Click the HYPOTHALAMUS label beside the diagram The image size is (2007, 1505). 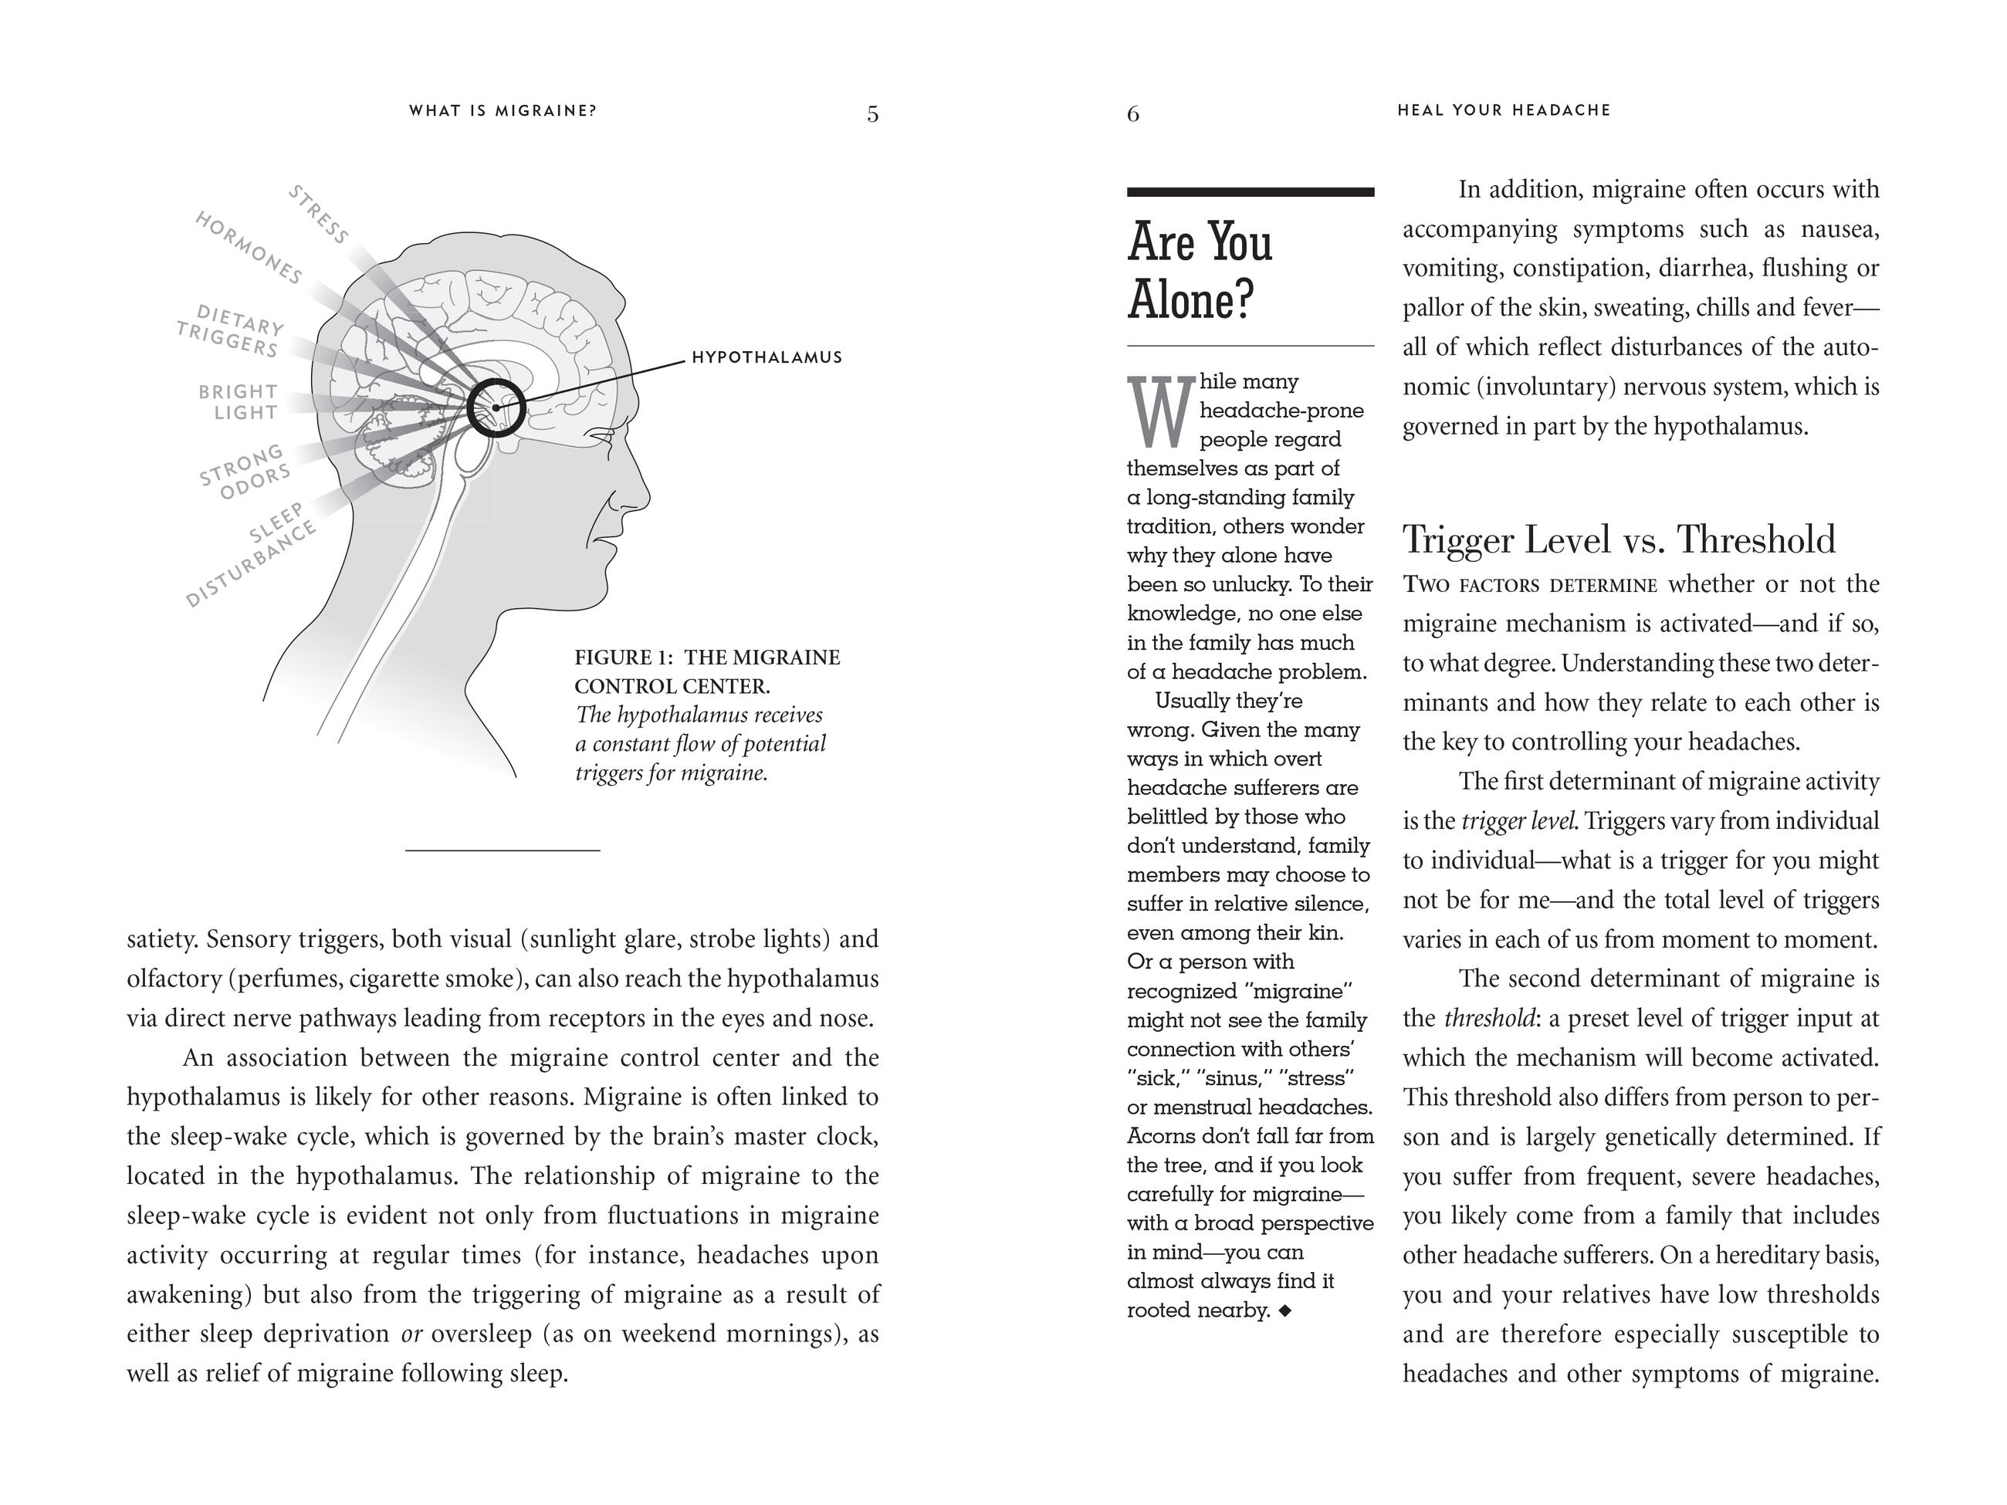tap(767, 357)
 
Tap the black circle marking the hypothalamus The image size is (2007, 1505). tap(496, 408)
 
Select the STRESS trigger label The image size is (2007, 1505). tap(319, 215)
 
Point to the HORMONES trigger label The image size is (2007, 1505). tap(249, 248)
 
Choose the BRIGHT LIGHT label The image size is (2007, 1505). tap(239, 402)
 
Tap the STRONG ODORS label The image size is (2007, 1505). tap(245, 472)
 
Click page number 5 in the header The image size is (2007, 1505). tap(872, 114)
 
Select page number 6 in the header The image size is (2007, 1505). tap(1133, 114)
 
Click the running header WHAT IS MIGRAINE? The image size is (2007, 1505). tap(503, 110)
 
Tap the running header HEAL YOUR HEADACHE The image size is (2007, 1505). tap(1504, 110)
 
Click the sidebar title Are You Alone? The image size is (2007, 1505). tap(1200, 269)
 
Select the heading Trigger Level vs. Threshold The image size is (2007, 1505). tap(1619, 539)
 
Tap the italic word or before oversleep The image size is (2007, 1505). tap(413, 1334)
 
